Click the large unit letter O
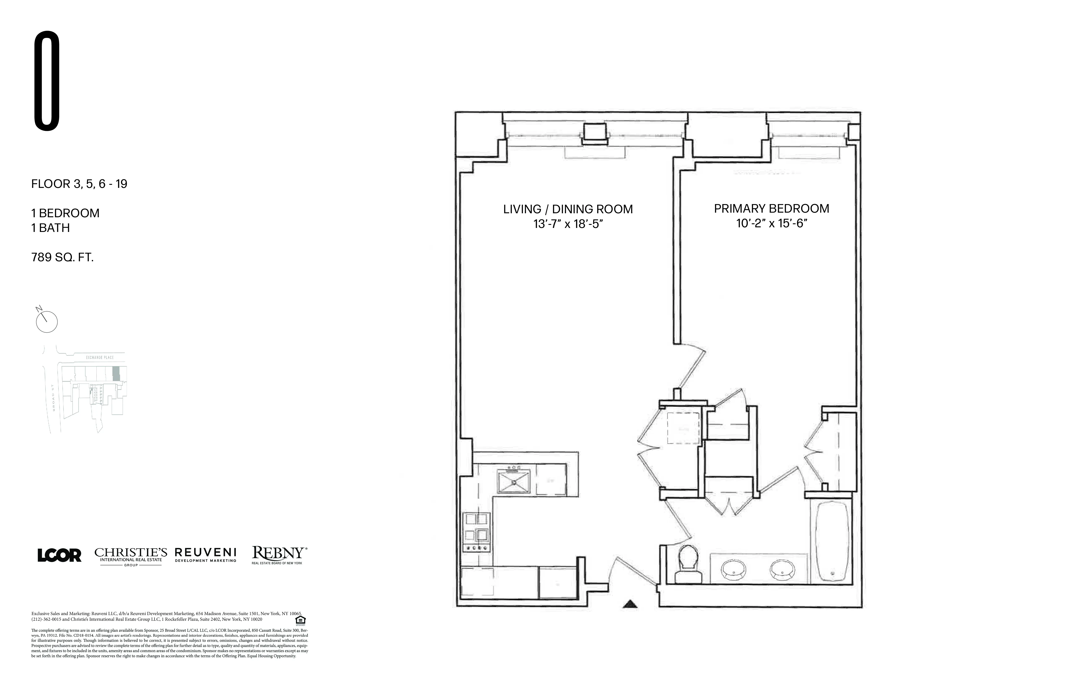coord(47,81)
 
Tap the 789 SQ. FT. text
coord(62,258)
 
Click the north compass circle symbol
coord(47,322)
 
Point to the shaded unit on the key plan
coord(116,374)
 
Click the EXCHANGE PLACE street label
coord(100,358)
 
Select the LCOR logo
coord(59,555)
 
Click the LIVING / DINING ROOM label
coord(568,209)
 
